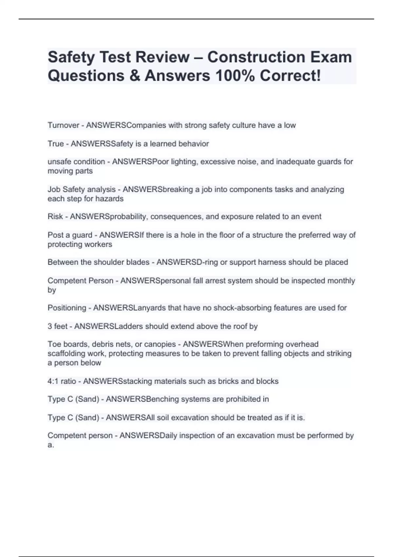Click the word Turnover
[x=64, y=125]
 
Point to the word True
[x=56, y=144]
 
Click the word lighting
[x=183, y=162]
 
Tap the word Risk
[x=55, y=217]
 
